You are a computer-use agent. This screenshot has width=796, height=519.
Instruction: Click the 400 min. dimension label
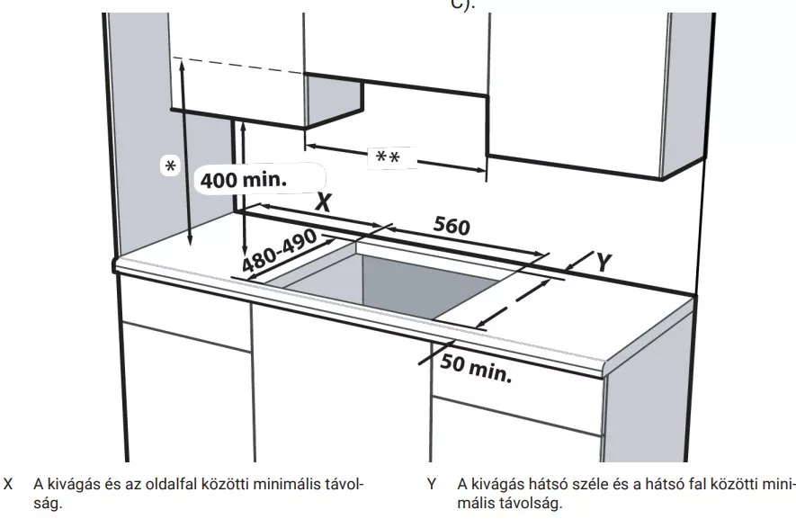click(244, 179)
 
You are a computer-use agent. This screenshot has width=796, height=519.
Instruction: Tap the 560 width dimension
click(452, 226)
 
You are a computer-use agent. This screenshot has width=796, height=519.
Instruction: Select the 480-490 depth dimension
click(279, 250)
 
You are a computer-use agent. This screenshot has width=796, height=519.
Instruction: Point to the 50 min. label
click(476, 369)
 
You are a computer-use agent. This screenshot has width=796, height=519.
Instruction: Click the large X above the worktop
click(323, 201)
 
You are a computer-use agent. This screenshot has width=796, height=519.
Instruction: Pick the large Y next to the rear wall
click(604, 263)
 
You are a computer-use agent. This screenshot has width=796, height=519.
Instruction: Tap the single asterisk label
click(171, 166)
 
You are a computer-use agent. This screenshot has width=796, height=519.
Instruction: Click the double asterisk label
click(388, 157)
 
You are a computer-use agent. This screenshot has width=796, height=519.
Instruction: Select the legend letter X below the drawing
click(8, 484)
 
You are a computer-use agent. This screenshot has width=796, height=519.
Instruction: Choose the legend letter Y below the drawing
click(432, 484)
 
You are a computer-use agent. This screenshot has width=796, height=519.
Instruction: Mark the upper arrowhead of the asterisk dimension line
click(181, 64)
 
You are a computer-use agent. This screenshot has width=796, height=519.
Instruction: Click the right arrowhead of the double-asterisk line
click(479, 170)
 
